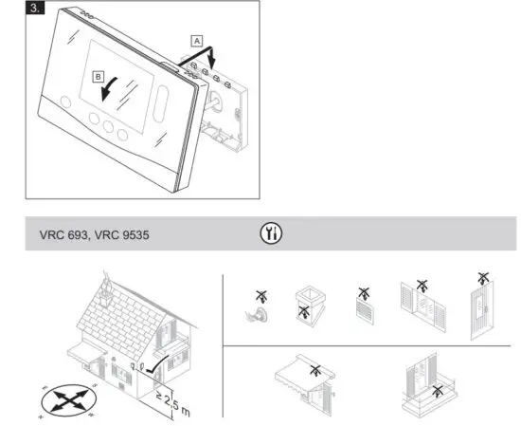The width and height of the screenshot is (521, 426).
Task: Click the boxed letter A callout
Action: click(x=195, y=42)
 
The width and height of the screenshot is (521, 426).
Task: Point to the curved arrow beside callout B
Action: click(x=113, y=91)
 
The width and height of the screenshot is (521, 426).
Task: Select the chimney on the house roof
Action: click(x=109, y=287)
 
